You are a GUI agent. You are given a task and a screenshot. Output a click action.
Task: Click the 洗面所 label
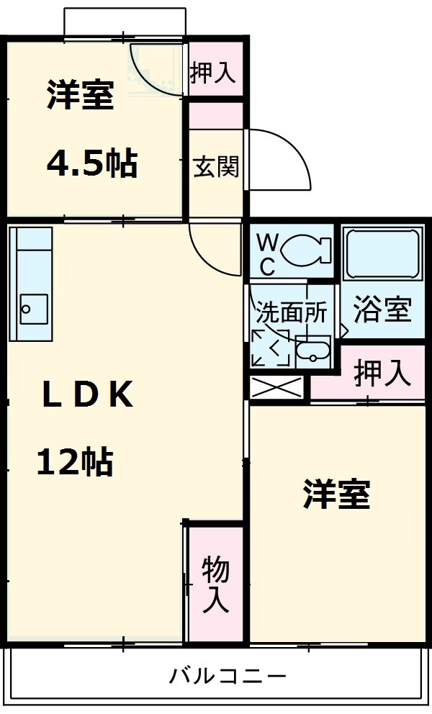292,312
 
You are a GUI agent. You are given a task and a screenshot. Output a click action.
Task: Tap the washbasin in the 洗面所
313,352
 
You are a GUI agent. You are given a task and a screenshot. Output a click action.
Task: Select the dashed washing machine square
271,348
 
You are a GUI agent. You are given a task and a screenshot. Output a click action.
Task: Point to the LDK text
87,395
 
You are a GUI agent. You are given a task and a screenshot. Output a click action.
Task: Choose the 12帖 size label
75,461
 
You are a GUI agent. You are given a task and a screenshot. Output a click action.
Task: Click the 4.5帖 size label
91,164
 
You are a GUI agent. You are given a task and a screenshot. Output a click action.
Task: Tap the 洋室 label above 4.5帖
81,96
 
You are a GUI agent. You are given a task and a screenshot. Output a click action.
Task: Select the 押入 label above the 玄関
213,72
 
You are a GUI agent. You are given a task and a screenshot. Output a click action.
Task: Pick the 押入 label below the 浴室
382,374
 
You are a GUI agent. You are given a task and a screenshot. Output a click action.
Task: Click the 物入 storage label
215,584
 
